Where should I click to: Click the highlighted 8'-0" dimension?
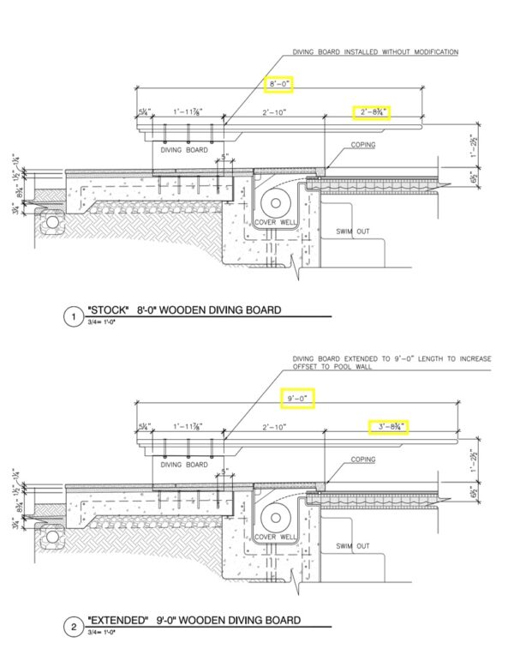[279, 84]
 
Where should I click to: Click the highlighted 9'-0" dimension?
[297, 399]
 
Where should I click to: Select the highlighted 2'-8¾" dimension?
[373, 112]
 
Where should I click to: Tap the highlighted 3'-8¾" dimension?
[389, 425]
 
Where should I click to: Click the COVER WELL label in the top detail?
[275, 223]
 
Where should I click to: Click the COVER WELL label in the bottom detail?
[275, 536]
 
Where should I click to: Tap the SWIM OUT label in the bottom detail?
[351, 545]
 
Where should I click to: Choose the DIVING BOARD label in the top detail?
[184, 149]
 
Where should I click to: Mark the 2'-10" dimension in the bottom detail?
[275, 426]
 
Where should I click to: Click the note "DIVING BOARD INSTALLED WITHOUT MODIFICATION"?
[375, 52]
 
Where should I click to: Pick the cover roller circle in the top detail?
[277, 203]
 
